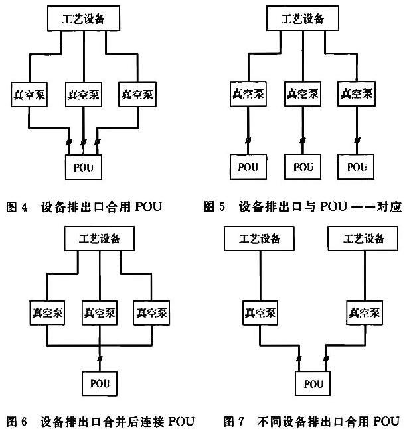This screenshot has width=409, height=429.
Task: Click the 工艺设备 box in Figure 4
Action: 84,19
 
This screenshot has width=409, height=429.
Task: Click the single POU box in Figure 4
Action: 84,166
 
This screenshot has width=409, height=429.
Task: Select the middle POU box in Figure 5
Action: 302,166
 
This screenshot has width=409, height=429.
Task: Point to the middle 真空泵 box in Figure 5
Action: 302,92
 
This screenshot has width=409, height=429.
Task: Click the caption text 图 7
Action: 236,421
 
